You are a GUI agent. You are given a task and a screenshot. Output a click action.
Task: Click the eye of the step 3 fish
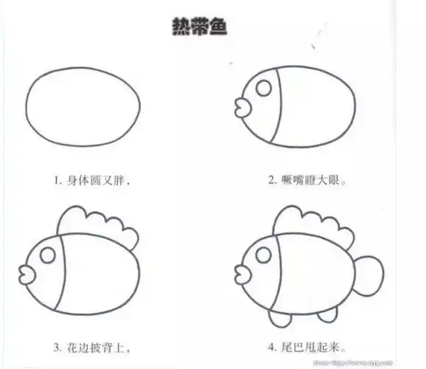[x=47, y=255]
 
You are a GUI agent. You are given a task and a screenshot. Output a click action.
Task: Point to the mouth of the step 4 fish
[x=241, y=272]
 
